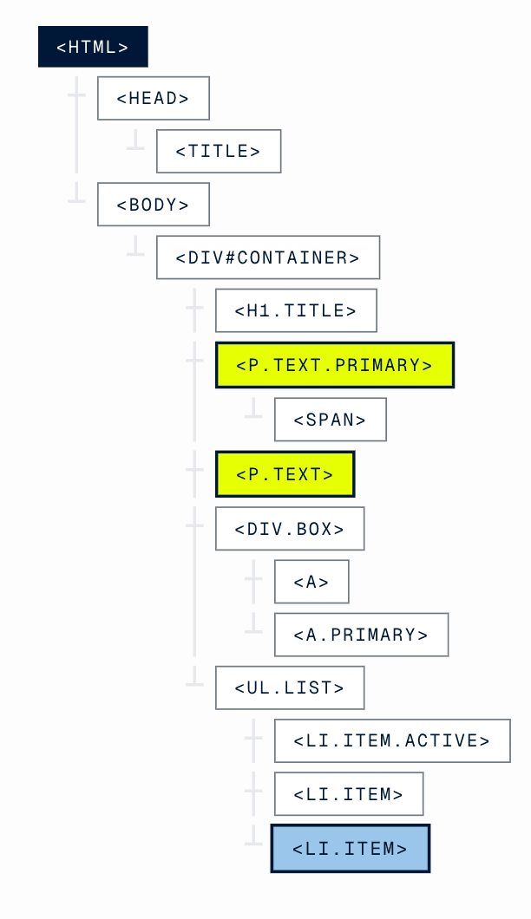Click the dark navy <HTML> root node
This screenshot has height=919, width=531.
[x=93, y=47]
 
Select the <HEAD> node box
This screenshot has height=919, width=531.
[x=153, y=99]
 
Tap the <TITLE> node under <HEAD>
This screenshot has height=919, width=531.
[x=219, y=152]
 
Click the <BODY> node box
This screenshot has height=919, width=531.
[x=153, y=205]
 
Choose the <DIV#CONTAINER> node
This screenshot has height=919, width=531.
[x=268, y=257]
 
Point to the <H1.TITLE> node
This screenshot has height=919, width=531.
[x=296, y=310]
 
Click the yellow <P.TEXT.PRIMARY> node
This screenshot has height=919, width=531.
[x=334, y=365]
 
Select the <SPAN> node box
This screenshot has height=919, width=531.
[x=330, y=420]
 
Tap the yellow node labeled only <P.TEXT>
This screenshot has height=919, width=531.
[x=285, y=474]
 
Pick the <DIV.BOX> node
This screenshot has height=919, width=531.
[x=290, y=529]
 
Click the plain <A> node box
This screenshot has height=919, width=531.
[x=311, y=582]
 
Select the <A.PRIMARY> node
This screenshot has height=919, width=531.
[x=361, y=635]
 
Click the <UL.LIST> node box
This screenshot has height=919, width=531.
[x=290, y=688]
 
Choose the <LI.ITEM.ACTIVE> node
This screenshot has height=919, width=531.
[x=392, y=740]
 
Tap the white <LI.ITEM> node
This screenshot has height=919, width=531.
[x=349, y=794]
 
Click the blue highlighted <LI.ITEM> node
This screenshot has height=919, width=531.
[x=351, y=849]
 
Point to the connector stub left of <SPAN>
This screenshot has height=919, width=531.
[x=253, y=409]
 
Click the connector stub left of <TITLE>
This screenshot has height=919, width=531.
[x=135, y=140]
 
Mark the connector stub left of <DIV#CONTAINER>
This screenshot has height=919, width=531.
[x=135, y=247]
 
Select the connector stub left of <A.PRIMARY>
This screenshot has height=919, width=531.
[x=253, y=623]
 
